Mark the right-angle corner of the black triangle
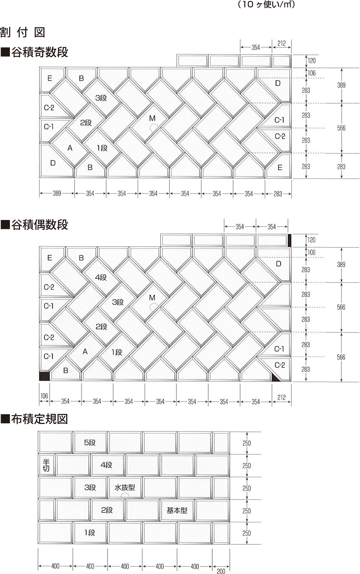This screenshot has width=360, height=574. (x=272, y=381)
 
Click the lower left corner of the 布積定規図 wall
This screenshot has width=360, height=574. (x=38, y=544)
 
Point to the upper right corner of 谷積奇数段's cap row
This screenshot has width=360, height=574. (x=291, y=55)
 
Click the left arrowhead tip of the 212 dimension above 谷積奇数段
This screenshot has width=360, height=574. (x=272, y=47)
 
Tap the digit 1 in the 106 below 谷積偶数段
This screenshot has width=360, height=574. (x=41, y=396)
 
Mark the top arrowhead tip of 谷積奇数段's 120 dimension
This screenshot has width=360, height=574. (x=306, y=55)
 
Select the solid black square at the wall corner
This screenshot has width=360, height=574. (x=44, y=376)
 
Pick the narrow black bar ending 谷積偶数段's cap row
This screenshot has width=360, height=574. (x=289, y=240)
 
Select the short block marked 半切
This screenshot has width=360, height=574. (x=46, y=465)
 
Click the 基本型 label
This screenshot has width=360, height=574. (x=177, y=510)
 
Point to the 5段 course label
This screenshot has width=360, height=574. (x=90, y=442)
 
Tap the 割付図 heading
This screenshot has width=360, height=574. (x=23, y=32)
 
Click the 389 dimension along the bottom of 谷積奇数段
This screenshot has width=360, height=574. (x=57, y=194)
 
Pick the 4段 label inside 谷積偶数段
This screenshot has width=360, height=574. (x=101, y=278)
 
